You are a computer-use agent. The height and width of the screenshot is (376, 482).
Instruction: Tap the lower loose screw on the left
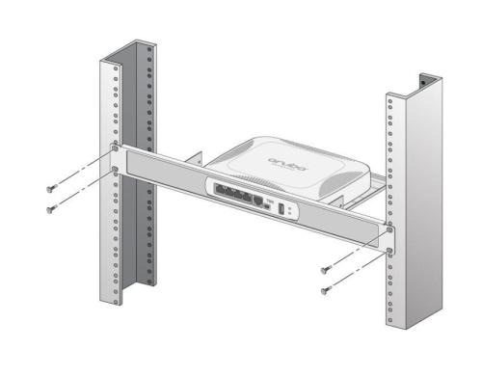[52, 207]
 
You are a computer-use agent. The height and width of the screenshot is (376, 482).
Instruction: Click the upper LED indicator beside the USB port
[291, 205]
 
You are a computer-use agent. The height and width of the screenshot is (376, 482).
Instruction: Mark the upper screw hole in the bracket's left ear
[115, 149]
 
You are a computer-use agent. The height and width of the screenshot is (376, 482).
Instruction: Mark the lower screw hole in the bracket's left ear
[115, 171]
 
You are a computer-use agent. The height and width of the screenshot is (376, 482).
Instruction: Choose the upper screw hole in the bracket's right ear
[389, 229]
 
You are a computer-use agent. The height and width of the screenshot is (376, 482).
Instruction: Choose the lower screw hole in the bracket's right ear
[389, 251]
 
